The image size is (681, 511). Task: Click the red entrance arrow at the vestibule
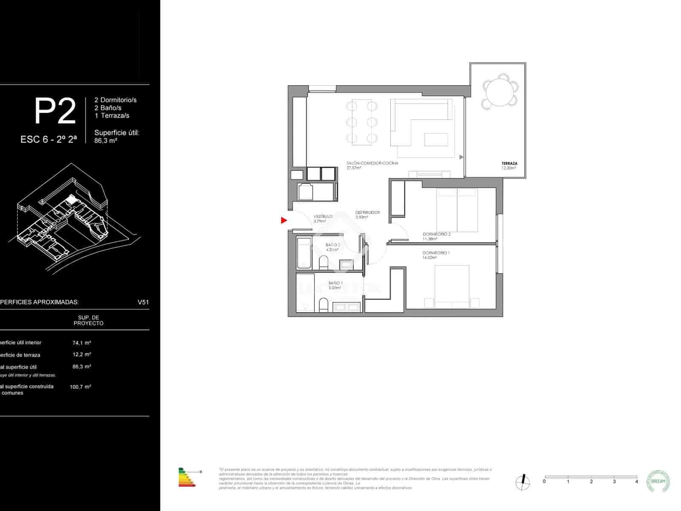(284, 220)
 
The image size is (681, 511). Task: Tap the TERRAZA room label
(509, 164)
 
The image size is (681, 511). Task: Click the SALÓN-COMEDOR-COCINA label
(372, 163)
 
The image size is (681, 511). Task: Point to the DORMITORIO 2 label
(436, 234)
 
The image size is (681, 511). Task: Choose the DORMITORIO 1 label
(436, 253)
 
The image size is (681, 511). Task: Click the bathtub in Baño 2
(304, 253)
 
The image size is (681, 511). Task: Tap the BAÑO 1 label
(335, 283)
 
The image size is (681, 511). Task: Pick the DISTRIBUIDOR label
(367, 212)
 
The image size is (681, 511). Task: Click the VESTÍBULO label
(323, 217)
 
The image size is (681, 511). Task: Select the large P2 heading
(55, 112)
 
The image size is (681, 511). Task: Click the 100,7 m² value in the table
(80, 387)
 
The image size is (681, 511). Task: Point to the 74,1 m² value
(82, 342)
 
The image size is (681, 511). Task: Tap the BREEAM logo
(658, 481)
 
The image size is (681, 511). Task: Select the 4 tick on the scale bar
(637, 482)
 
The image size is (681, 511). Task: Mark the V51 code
(143, 302)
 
